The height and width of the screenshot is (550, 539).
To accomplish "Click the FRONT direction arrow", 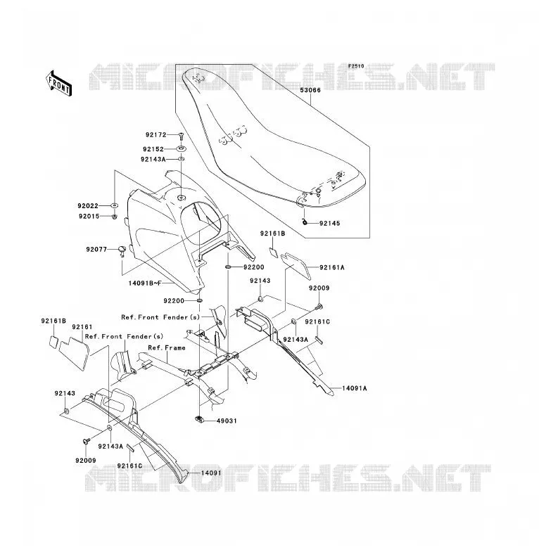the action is tap(59, 84).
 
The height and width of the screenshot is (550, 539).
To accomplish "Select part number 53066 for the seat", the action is tap(310, 90).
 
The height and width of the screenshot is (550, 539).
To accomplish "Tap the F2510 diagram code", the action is tap(356, 66).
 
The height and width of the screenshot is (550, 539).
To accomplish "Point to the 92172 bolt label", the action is tap(156, 135).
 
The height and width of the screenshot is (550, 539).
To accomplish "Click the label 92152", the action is tap(153, 149).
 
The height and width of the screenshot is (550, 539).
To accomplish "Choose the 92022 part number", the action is tap(88, 206).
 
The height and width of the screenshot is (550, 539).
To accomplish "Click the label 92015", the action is tap(89, 217).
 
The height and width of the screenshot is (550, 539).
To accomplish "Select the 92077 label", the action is tap(96, 250).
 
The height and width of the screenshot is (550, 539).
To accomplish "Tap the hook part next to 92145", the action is tap(305, 222).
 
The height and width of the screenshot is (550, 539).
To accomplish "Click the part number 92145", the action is tap(330, 224).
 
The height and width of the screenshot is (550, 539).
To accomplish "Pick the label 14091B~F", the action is tap(144, 283).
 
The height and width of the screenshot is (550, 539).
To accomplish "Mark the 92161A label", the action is tap(332, 268).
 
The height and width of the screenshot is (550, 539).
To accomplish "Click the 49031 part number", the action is tap(227, 421).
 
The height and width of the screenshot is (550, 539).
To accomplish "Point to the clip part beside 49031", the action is tap(199, 418).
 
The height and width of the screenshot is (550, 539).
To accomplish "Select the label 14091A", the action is tap(355, 388).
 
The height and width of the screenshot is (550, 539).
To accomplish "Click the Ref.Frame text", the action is tap(167, 348).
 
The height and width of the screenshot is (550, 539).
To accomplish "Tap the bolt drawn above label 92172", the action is tap(181, 136).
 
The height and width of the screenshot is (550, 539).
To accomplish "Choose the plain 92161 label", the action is tap(82, 327).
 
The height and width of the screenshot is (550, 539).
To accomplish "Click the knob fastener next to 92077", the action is tap(122, 250).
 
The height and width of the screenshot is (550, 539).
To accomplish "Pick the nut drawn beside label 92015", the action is tap(115, 217).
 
